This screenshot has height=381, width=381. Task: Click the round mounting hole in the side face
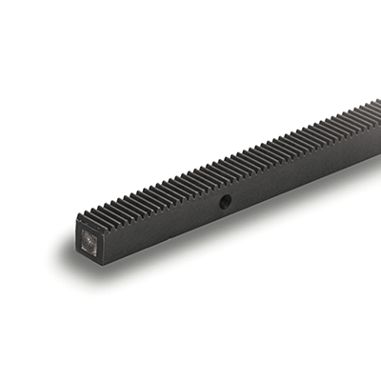tap(226, 201)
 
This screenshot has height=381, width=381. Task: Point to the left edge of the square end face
tap(78, 238)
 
